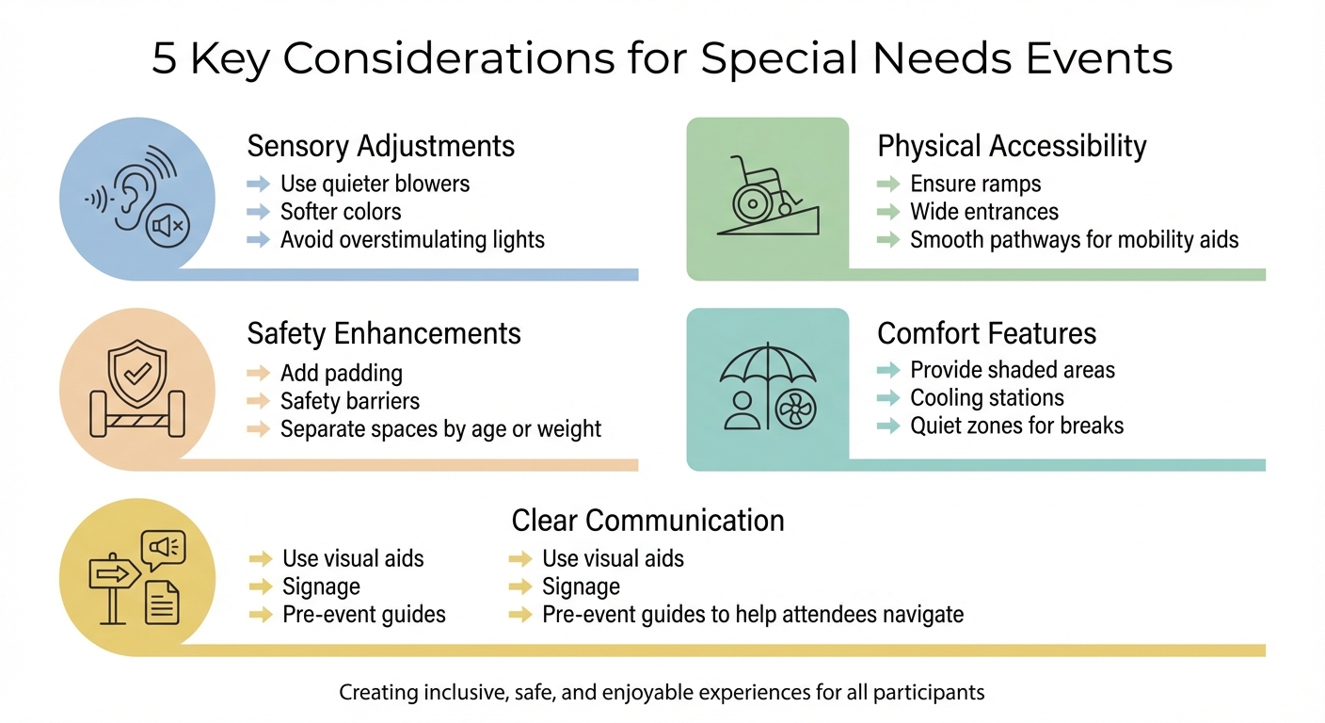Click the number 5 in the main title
click(x=166, y=58)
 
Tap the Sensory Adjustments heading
click(x=380, y=146)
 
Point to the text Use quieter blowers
click(x=375, y=183)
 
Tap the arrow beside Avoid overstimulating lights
click(x=258, y=239)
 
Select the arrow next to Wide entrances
click(x=887, y=212)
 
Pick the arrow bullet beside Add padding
click(x=258, y=373)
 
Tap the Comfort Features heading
click(x=986, y=333)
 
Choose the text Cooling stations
click(x=986, y=397)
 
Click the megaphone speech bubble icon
click(x=162, y=546)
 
